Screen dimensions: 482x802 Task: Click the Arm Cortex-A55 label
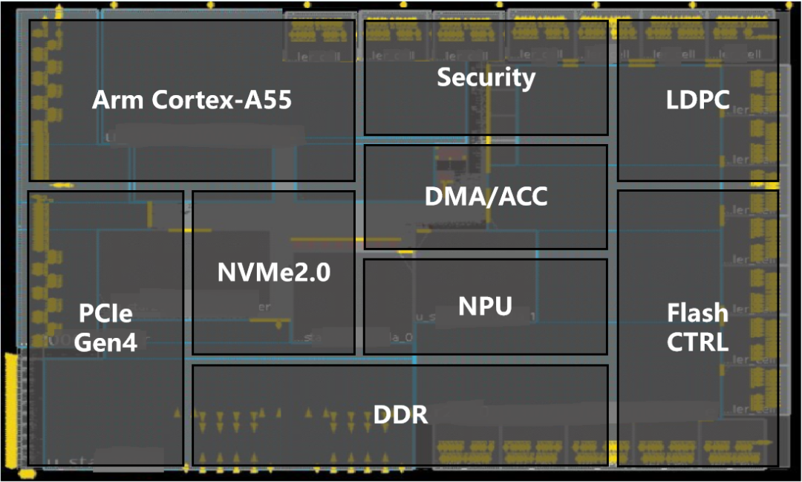coord(192,100)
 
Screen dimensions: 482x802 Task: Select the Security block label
coord(486,77)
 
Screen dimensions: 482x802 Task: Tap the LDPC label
coord(697,100)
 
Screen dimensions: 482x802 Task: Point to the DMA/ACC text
coord(486,196)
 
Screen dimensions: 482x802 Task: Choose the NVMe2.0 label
coord(274,273)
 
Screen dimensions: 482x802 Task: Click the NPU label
coord(486,305)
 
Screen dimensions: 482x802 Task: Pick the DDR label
coord(401,414)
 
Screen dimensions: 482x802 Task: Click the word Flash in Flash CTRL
coord(697,313)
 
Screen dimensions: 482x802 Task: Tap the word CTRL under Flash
coord(697,342)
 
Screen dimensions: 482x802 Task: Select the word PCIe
coord(105,314)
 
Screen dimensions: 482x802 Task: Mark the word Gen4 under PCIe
coord(105,343)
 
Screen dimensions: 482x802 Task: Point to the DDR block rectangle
coord(297,446)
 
